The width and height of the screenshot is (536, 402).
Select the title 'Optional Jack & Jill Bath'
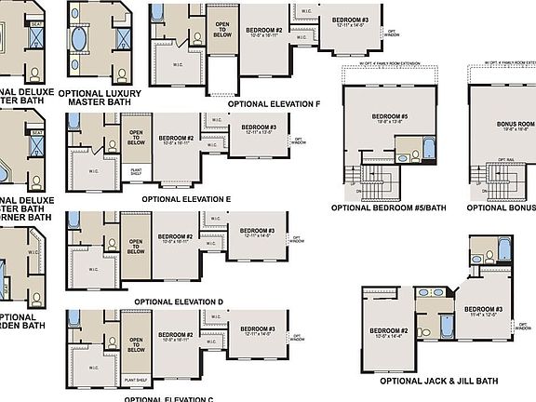point(439,381)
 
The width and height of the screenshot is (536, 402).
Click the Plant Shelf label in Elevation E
point(136,170)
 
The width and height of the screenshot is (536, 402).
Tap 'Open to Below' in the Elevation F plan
point(222,30)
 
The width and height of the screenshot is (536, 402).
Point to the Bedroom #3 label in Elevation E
point(259,127)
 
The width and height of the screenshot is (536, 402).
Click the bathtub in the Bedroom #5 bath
point(428,148)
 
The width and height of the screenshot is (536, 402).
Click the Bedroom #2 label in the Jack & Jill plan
point(389,331)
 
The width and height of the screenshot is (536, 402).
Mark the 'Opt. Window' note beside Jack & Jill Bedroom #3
point(523,326)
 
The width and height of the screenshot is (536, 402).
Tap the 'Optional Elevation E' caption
point(186,199)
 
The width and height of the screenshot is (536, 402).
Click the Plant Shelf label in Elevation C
point(135,380)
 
